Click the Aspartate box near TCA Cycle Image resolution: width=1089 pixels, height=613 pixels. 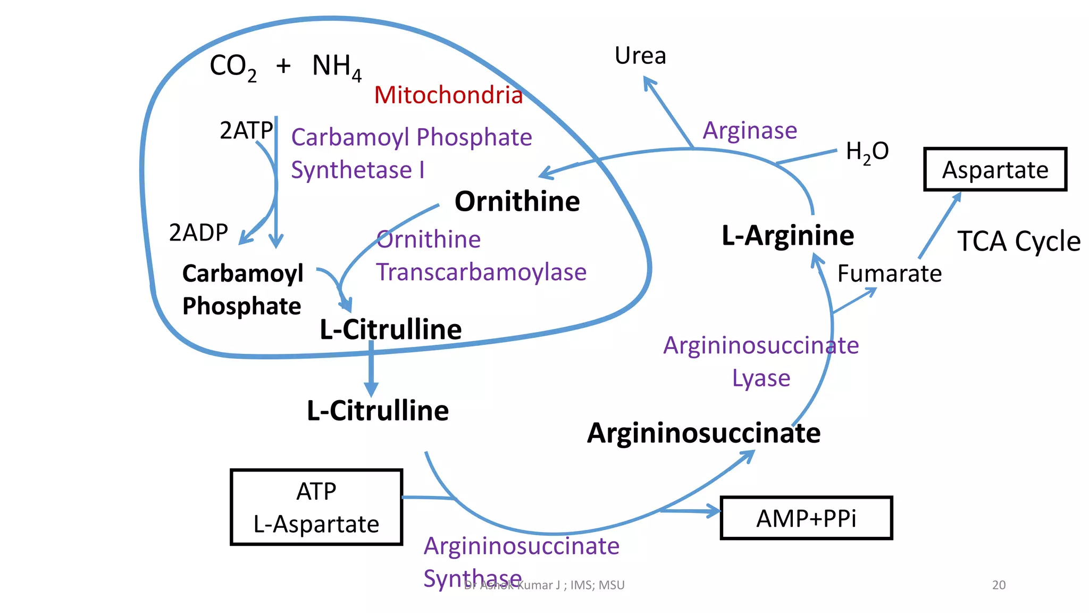click(995, 170)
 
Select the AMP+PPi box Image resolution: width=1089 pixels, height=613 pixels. click(806, 518)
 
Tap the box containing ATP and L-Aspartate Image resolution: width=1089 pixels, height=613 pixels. click(316, 507)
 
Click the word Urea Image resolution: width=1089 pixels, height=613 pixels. click(640, 55)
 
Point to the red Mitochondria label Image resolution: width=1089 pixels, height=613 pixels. click(448, 95)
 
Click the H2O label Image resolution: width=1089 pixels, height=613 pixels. click(867, 152)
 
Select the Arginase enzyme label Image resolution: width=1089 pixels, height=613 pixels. click(750, 130)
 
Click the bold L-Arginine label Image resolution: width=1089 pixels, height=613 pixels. click(788, 235)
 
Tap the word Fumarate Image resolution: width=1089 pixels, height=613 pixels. click(889, 274)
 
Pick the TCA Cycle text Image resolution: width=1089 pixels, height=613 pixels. click(1019, 241)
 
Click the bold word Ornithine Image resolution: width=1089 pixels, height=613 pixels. click(517, 202)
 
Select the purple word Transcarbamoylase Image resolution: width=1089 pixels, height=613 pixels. click(481, 272)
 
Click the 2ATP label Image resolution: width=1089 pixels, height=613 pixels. click(246, 130)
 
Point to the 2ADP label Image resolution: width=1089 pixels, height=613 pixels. click(198, 233)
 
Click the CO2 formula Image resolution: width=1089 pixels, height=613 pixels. click(233, 67)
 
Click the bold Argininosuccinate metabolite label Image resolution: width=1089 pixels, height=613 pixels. click(703, 433)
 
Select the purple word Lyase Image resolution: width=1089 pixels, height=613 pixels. click(761, 378)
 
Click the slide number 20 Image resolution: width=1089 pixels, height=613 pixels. click(999, 585)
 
